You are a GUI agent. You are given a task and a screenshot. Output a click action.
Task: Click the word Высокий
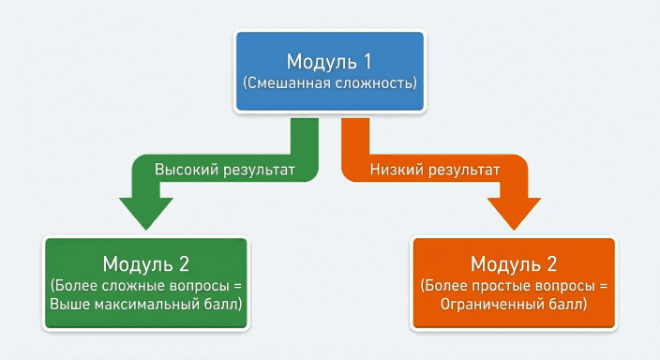point(187,171)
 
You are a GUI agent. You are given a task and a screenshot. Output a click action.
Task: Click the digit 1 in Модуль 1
point(367,62)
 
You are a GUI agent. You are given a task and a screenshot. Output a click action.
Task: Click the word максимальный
point(159,305)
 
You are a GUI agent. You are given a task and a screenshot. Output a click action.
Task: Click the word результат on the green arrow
point(259,171)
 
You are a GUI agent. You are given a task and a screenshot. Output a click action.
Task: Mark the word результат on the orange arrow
point(460,171)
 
